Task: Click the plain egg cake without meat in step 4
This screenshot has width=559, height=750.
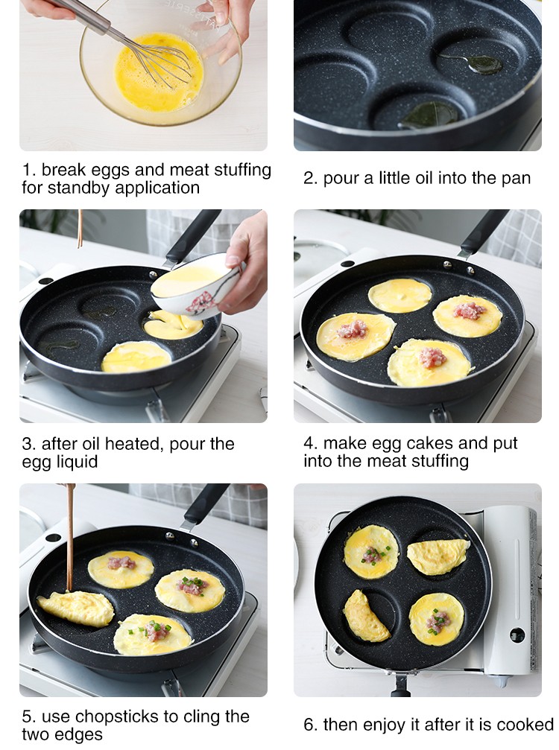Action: pos(400,295)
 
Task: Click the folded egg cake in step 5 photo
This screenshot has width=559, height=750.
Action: pos(75,608)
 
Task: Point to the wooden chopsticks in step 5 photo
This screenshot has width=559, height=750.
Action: pos(70,537)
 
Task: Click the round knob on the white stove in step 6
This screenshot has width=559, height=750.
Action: pos(517,636)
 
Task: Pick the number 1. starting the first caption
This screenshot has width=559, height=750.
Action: pos(29,170)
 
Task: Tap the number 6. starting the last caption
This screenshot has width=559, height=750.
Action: pos(311,724)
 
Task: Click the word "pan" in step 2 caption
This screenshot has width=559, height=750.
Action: pos(517,179)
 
